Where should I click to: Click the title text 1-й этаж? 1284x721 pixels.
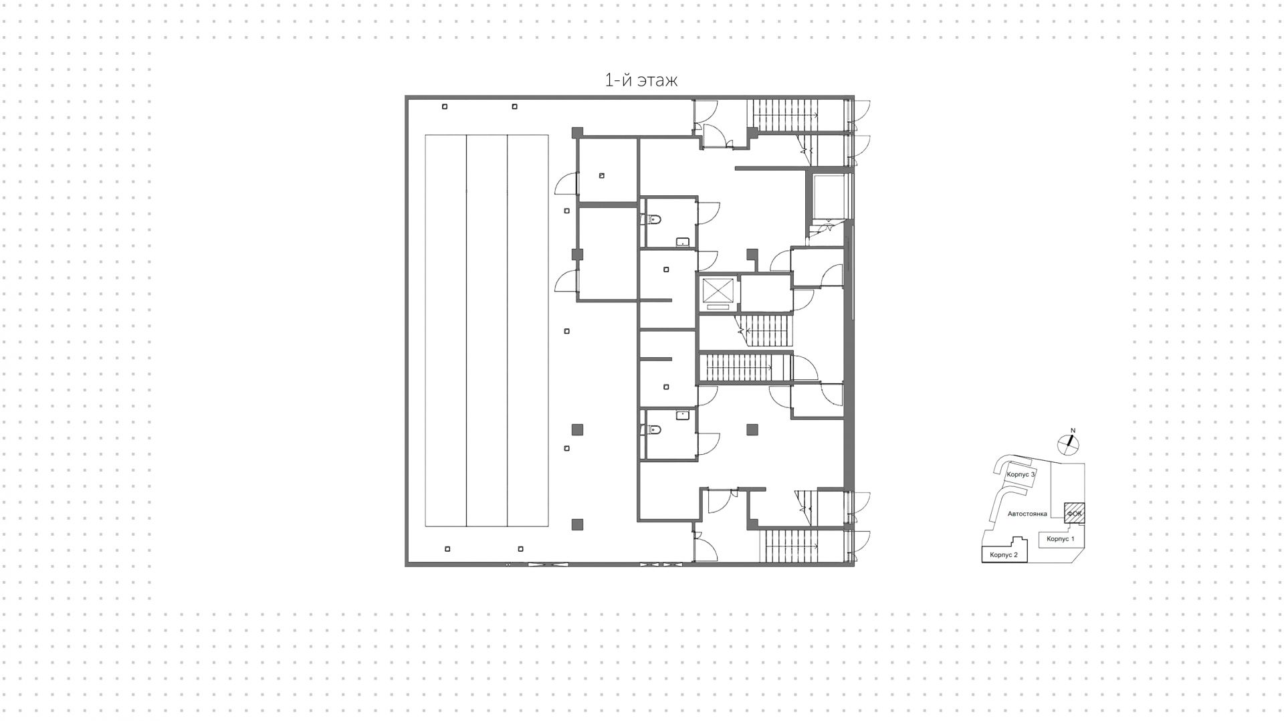click(x=641, y=80)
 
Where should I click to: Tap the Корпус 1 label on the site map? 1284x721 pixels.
click(x=1060, y=539)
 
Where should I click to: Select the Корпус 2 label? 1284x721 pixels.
click(x=1004, y=555)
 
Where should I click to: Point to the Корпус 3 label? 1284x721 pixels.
click(x=1021, y=474)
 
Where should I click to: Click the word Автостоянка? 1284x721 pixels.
click(x=1027, y=514)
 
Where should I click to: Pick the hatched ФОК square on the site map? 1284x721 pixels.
click(x=1074, y=513)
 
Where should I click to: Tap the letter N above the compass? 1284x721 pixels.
click(x=1073, y=431)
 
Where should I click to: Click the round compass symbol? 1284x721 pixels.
click(x=1068, y=443)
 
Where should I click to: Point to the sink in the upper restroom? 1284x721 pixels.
click(x=683, y=241)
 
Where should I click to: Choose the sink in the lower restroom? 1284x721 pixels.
click(x=683, y=415)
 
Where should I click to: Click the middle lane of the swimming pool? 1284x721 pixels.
click(x=487, y=331)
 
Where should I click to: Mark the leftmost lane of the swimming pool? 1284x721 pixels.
click(x=446, y=331)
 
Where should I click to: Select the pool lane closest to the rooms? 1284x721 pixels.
click(x=528, y=331)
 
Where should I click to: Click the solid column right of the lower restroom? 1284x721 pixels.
click(x=753, y=429)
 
